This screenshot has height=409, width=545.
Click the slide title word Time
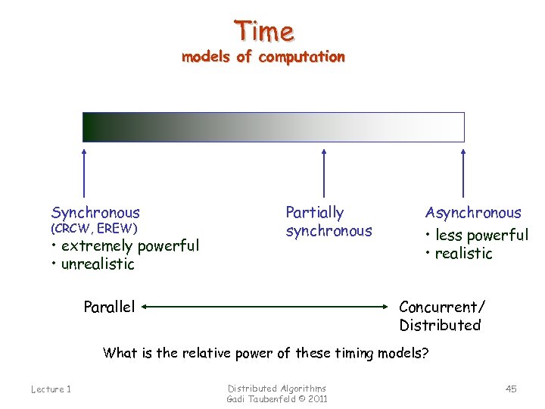coord(263,31)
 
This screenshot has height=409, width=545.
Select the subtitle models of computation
coord(263,57)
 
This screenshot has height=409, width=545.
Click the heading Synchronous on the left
coord(95,213)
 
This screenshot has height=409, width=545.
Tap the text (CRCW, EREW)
coord(94,228)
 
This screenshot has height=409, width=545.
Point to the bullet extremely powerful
coord(126,245)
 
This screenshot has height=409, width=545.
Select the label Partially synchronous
coord(329,222)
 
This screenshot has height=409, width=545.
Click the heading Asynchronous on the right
coord(473,213)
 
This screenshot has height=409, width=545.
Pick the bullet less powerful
coord(477,235)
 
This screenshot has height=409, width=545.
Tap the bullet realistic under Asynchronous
coord(459,254)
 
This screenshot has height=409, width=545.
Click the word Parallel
coord(109,307)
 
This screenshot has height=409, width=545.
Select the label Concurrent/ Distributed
coord(441,316)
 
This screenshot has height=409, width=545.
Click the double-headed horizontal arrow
coord(265,308)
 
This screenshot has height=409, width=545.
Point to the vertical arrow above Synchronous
coord(83,174)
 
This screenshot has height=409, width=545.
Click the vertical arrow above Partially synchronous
coord(324,174)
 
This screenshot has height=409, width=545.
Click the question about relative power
coord(265,352)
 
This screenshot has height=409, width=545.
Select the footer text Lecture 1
coord(51,389)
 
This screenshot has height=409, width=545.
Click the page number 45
coord(511,389)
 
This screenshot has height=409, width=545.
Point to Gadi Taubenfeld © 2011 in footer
coord(277,399)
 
